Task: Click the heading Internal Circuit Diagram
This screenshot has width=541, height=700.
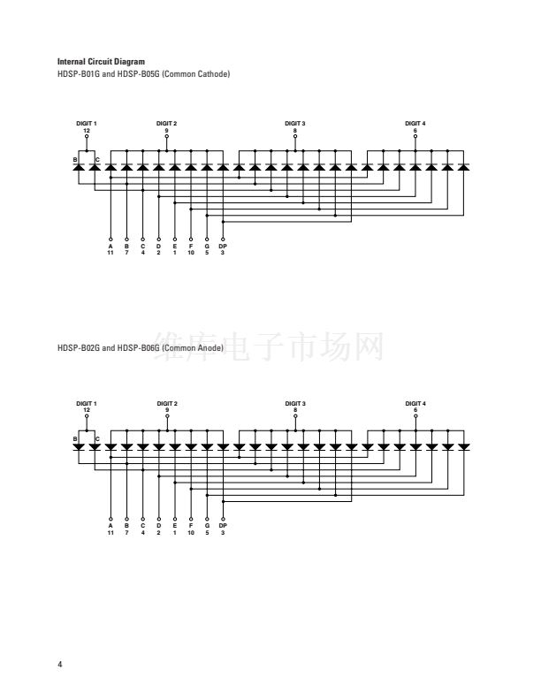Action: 101,62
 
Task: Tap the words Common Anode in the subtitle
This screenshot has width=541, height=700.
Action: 193,347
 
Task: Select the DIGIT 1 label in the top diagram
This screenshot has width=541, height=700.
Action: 87,123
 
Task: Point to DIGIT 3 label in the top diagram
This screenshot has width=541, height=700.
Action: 295,123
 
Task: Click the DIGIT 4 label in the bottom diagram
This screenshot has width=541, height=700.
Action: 415,404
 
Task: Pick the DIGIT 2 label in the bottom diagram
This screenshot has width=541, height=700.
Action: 167,404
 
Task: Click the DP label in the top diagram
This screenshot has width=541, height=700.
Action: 223,246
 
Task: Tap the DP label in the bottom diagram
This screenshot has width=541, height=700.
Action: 223,526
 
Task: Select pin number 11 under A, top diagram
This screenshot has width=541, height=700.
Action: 110,253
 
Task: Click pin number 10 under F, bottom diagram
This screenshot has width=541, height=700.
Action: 191,533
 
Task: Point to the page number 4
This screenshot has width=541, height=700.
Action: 60,664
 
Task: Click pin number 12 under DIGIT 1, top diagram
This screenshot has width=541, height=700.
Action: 87,130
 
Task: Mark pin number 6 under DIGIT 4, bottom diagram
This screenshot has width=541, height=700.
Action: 415,410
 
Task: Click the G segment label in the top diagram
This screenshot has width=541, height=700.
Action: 207,246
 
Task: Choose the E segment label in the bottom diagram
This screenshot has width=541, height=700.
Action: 174,526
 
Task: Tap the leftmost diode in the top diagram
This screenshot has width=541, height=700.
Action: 79,167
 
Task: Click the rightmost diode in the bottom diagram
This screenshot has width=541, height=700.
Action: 464,447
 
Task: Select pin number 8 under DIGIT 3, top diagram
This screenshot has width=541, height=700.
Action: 295,130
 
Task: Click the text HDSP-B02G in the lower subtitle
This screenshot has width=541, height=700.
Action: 79,347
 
